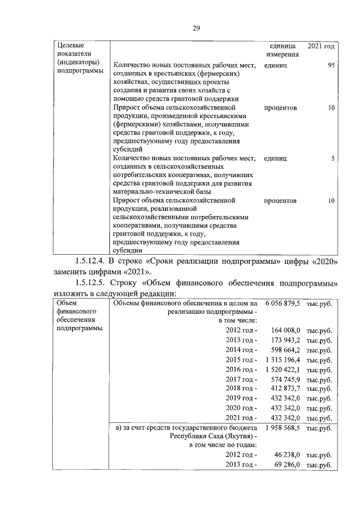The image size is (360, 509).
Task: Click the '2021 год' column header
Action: tap(322, 45)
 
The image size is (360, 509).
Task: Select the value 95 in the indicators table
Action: tap(331, 66)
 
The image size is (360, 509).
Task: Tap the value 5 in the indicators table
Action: tap(333, 159)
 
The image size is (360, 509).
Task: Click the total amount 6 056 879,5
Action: tap(283, 304)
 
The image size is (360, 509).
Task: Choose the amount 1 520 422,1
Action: tap(283, 370)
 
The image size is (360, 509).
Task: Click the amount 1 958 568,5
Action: tap(283, 428)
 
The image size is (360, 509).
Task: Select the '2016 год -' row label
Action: tap(241, 370)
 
